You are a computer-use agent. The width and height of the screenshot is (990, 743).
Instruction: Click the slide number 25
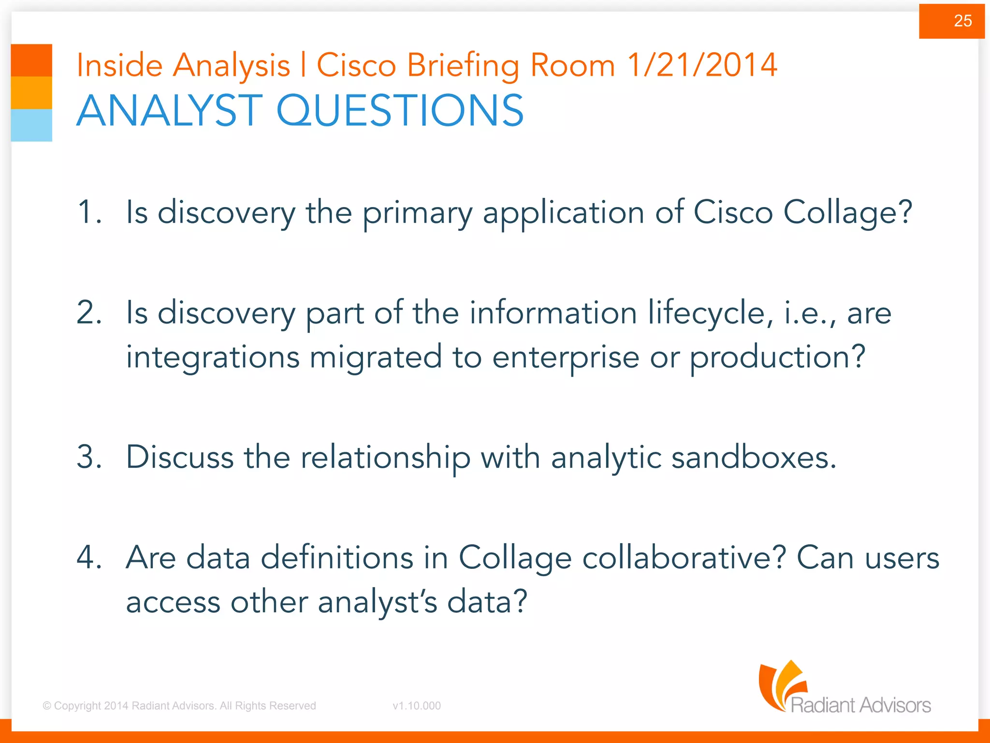(x=962, y=21)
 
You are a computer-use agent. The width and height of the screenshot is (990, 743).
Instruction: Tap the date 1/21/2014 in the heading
(x=702, y=65)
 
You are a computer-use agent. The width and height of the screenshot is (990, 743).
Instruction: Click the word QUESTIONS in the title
(x=400, y=111)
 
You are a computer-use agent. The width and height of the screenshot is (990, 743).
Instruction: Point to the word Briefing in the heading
(x=463, y=66)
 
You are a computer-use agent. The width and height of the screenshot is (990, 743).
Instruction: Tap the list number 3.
(x=89, y=457)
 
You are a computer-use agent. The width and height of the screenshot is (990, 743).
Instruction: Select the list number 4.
(x=89, y=557)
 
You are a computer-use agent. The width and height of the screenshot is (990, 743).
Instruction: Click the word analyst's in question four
(x=378, y=603)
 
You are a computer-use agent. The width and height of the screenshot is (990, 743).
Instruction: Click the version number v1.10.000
(x=417, y=706)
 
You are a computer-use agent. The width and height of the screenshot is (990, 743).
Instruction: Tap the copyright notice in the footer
(x=179, y=706)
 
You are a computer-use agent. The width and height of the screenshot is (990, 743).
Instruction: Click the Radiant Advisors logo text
(x=860, y=705)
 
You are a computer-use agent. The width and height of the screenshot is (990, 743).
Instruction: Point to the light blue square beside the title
(x=31, y=125)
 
